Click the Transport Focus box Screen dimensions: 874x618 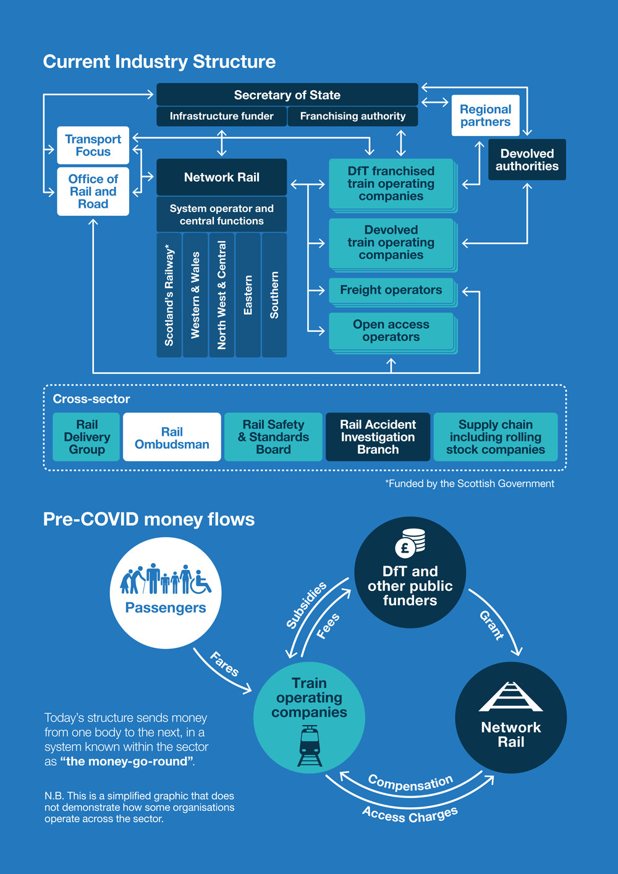coord(93,145)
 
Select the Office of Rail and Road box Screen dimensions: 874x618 coord(93,192)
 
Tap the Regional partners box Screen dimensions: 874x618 coord(485,116)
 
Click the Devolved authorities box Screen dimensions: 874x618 coord(527,160)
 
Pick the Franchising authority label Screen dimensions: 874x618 coord(352,116)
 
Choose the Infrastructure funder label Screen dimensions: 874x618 coord(221,116)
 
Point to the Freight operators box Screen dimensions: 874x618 coord(391,291)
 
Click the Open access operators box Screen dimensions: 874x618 coord(391,331)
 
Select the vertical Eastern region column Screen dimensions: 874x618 coord(248,295)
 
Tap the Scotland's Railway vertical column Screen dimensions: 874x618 coord(169,295)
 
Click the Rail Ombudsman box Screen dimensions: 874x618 coord(172,438)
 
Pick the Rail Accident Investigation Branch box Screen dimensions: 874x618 coord(378,437)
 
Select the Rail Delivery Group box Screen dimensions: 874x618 coord(87,437)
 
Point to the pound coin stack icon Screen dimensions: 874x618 coord(410,543)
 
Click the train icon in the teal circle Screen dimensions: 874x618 coord(310,746)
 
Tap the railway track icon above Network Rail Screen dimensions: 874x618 coord(510,697)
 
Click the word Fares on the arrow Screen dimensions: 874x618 coord(224,664)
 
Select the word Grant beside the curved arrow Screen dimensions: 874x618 coord(492,624)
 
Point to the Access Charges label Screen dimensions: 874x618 coord(410,815)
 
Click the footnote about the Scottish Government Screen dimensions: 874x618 coord(470,484)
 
